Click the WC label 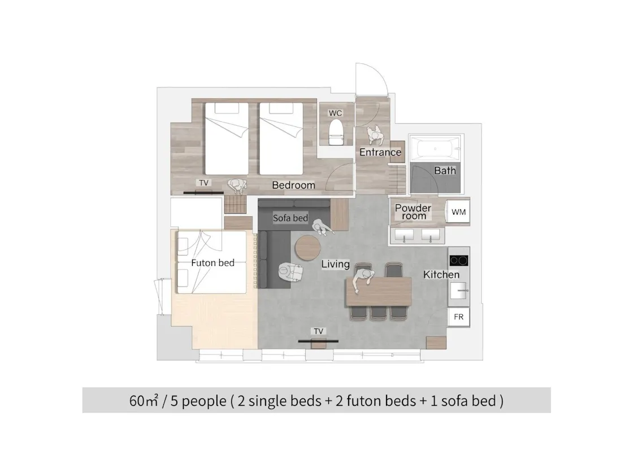(335, 113)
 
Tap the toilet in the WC (336, 132)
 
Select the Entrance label (380, 152)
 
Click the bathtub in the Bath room (435, 149)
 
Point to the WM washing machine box (458, 212)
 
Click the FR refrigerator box (458, 317)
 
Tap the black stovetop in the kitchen (458, 260)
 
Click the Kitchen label (441, 275)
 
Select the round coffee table (307, 248)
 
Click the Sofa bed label (291, 218)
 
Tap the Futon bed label (213, 263)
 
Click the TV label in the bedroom (204, 183)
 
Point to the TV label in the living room (319, 331)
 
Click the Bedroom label (293, 185)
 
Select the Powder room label (413, 212)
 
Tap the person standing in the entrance (376, 134)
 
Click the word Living (336, 264)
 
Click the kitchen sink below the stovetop (458, 290)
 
